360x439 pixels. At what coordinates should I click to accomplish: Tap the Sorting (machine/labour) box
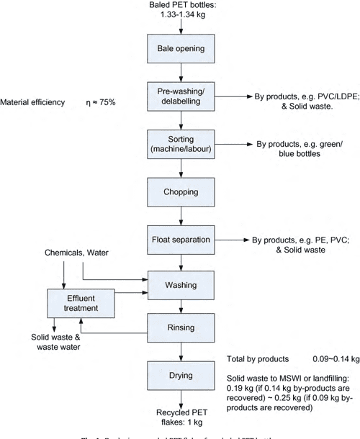[181, 144]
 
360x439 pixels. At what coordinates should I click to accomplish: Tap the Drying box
[181, 375]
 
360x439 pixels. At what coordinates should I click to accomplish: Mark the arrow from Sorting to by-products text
[230, 144]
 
